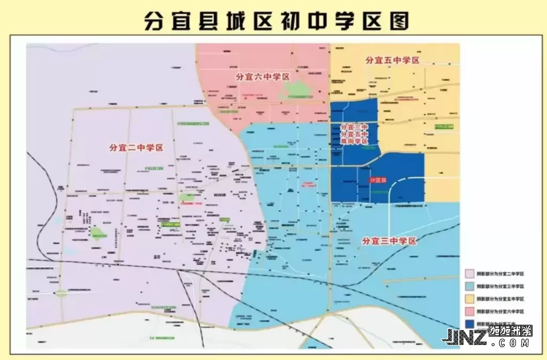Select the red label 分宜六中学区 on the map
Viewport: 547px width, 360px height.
[x=263, y=77]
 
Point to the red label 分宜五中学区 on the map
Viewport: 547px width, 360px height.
[x=391, y=60]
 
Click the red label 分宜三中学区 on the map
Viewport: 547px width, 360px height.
[x=389, y=241]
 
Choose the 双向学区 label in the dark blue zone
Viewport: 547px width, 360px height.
[x=354, y=142]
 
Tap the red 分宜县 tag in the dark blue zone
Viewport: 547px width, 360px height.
[x=379, y=180]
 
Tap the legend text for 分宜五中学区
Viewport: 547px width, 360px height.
[x=500, y=299]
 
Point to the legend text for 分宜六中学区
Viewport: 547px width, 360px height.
[x=500, y=311]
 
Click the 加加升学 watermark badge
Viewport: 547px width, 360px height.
[x=510, y=331]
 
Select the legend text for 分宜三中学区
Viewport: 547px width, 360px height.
[x=500, y=286]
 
